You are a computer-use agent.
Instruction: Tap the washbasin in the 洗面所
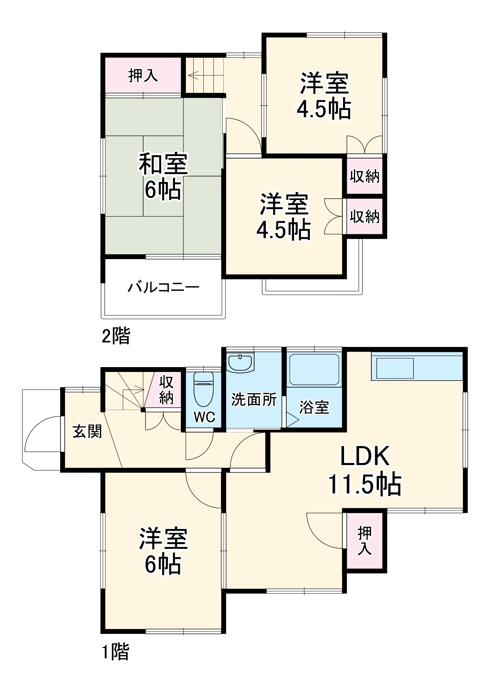240,363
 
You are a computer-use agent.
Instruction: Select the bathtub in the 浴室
314,369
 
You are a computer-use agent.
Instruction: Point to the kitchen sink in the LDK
395,368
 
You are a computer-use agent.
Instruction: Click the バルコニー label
164,287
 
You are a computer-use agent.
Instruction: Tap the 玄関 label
87,431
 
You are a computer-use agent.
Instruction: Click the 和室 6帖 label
163,176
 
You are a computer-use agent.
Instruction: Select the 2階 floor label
116,336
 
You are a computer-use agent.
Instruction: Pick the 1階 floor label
115,652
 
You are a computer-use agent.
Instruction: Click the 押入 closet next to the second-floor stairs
143,75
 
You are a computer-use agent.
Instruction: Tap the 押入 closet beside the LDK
365,541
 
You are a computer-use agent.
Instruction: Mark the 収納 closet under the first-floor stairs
166,390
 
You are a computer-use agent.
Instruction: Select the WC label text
204,417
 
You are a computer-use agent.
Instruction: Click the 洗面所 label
254,400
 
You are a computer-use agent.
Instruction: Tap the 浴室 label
314,407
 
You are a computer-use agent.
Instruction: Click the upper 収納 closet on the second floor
364,176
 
